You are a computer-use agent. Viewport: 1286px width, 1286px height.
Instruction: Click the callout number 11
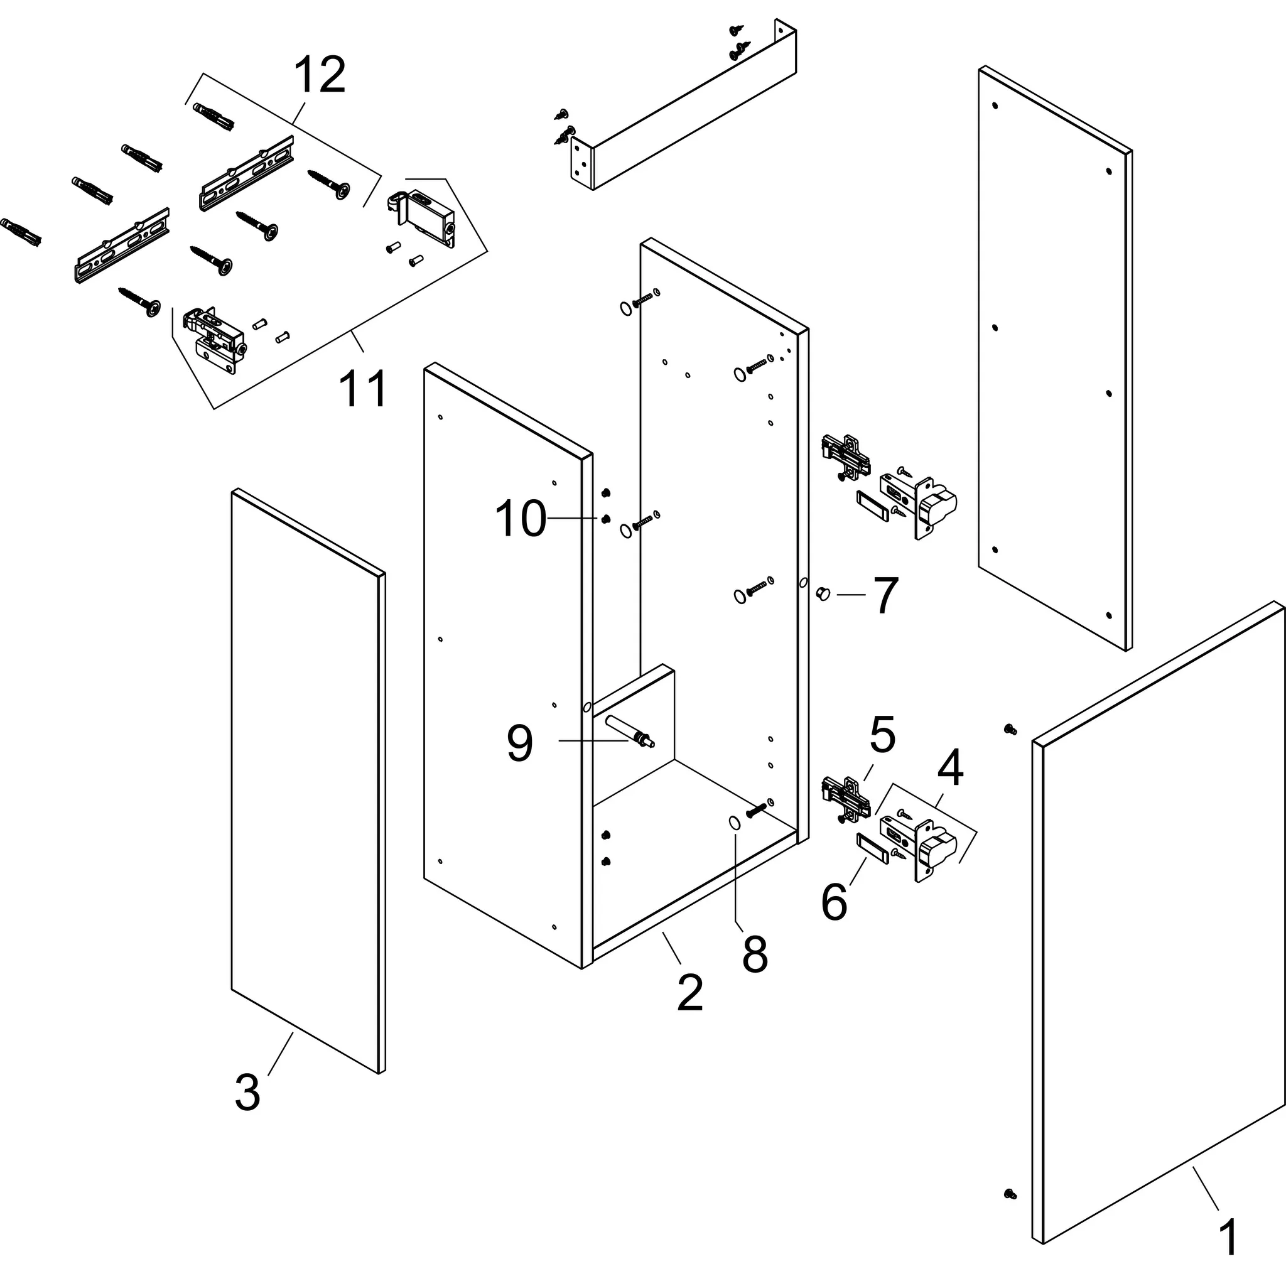[x=363, y=389]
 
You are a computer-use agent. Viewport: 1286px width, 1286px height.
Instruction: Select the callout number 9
[x=520, y=743]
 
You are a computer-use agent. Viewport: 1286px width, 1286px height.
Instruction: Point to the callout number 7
[x=885, y=597]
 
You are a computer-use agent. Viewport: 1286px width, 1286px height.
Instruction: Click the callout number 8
[x=755, y=954]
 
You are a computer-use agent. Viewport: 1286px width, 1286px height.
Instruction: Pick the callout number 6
[x=834, y=902]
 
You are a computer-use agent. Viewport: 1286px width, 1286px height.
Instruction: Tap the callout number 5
[x=883, y=735]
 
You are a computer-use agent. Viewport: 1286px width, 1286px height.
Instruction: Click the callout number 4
[x=950, y=768]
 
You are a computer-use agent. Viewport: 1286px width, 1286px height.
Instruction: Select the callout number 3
[x=247, y=1093]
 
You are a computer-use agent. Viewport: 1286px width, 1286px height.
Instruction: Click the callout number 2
[x=689, y=993]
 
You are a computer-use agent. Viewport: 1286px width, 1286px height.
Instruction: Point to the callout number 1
[x=1229, y=1238]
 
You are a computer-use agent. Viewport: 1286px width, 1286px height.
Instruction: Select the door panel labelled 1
[x=1158, y=932]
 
